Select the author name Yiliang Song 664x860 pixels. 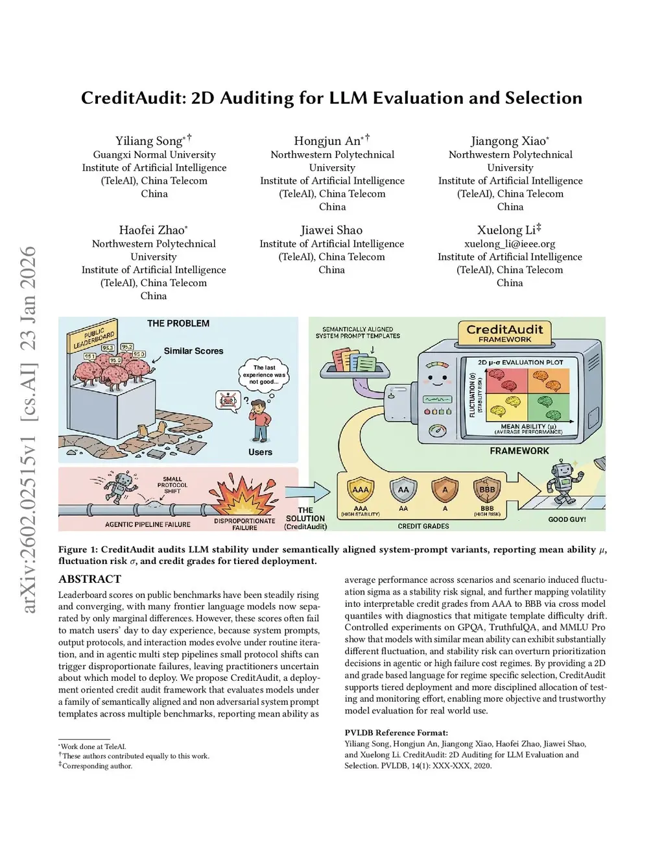149,141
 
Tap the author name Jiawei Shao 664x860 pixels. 331,230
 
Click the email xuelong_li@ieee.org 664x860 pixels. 510,243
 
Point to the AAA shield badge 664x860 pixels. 361,491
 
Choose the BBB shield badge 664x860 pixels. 486,491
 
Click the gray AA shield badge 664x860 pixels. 403,491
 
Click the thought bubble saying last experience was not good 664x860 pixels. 264,375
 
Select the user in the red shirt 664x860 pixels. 260,421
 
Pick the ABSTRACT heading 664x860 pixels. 89,579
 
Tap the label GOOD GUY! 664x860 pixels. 567,519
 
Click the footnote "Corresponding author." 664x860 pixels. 97,766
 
